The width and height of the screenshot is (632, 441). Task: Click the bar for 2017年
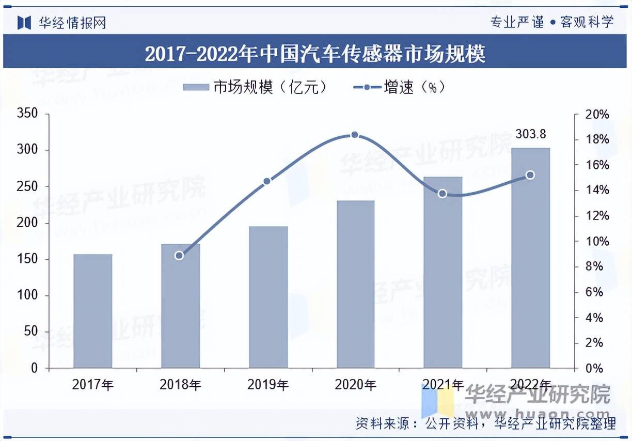tap(93, 311)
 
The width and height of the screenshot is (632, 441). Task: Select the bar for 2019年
tap(268, 297)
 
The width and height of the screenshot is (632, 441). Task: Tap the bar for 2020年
tap(355, 284)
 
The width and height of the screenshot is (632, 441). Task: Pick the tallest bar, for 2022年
tap(530, 258)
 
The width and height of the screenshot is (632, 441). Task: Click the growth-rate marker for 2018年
tap(179, 255)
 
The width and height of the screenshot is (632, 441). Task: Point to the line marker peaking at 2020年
tap(355, 135)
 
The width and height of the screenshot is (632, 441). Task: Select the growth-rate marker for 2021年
tap(443, 194)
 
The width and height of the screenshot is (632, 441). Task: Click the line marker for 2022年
tap(530, 175)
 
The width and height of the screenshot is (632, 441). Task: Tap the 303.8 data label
tap(530, 135)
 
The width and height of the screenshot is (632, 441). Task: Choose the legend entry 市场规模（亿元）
tap(255, 87)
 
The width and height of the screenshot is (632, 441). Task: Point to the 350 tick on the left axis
tap(27, 114)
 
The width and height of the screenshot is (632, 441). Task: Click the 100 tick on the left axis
tap(27, 295)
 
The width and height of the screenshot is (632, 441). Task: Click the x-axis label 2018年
tap(180, 385)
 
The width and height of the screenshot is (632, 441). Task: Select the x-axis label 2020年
tap(355, 385)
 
